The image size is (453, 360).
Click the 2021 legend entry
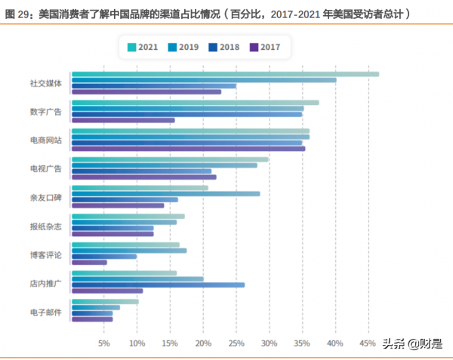click(x=144, y=47)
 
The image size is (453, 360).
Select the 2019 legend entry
click(x=183, y=47)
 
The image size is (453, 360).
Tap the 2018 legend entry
click(x=223, y=47)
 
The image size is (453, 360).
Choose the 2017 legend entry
click(x=263, y=47)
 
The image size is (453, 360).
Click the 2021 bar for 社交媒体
click(x=225, y=74)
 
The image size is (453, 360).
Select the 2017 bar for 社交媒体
click(x=146, y=91)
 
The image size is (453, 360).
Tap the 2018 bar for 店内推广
click(x=158, y=285)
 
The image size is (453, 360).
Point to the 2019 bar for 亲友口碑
click(x=165, y=194)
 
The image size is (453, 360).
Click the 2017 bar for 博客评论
click(x=89, y=263)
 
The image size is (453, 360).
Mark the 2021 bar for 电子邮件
click(x=105, y=302)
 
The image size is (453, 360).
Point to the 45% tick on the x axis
click(x=368, y=343)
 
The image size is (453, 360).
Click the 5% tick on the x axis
click(x=104, y=343)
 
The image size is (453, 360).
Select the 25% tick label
click(x=236, y=343)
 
